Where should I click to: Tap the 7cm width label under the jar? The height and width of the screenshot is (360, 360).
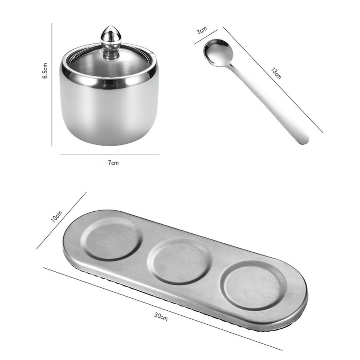[x=113, y=163]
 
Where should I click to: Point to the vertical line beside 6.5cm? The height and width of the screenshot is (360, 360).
[x=53, y=85]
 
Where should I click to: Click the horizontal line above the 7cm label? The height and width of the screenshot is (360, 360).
[x=109, y=154]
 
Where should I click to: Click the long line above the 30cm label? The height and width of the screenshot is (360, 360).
[x=162, y=308]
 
